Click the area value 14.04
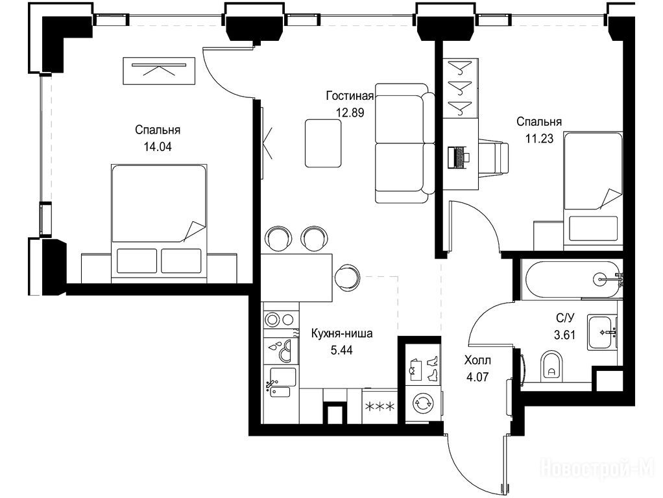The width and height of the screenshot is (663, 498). pyautogui.click(x=158, y=147)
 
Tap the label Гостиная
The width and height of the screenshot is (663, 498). pyautogui.click(x=350, y=96)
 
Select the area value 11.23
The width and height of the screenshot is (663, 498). pyautogui.click(x=539, y=138)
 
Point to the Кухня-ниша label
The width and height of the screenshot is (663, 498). pyautogui.click(x=342, y=333)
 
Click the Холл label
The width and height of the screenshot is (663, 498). pyautogui.click(x=477, y=361)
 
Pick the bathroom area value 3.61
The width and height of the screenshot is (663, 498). pyautogui.click(x=564, y=335)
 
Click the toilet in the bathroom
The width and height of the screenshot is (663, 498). pyautogui.click(x=551, y=365)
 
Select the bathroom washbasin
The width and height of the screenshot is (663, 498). pyautogui.click(x=601, y=332)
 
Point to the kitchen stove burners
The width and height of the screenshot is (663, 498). pyautogui.click(x=279, y=319)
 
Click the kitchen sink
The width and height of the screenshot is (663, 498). pyautogui.click(x=281, y=382)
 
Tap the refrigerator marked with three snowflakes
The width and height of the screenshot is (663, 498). pyautogui.click(x=380, y=407)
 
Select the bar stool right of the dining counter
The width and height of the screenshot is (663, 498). pyautogui.click(x=346, y=278)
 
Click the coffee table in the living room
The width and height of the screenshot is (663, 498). pyautogui.click(x=323, y=143)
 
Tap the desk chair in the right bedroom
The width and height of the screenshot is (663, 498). pyautogui.click(x=494, y=156)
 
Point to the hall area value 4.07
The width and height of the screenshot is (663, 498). pyautogui.click(x=477, y=377)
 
